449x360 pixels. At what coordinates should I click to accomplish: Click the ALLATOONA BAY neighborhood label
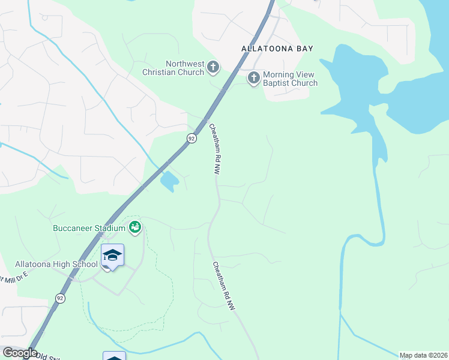pyautogui.click(x=277, y=48)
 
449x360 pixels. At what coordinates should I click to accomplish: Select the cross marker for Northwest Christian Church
pyautogui.click(x=213, y=68)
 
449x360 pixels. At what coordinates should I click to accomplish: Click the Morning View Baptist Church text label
pyautogui.click(x=291, y=79)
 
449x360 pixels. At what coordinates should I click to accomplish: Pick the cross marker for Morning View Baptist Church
pyautogui.click(x=253, y=78)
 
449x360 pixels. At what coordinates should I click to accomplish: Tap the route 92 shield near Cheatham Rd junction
pyautogui.click(x=191, y=138)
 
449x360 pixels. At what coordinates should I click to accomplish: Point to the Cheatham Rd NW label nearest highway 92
pyautogui.click(x=214, y=149)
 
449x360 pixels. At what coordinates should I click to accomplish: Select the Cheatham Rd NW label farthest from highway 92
pyautogui.click(x=223, y=286)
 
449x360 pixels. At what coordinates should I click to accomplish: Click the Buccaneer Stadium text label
pyautogui.click(x=88, y=228)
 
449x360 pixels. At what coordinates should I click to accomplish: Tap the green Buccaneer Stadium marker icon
pyautogui.click(x=135, y=227)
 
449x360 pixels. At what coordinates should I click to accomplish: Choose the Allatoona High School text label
pyautogui.click(x=56, y=264)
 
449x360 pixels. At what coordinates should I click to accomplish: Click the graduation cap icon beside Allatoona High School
pyautogui.click(x=112, y=256)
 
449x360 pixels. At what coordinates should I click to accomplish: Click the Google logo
pyautogui.click(x=19, y=353)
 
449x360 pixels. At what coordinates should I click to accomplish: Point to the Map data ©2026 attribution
pyautogui.click(x=423, y=355)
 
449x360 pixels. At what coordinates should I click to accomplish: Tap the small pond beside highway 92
pyautogui.click(x=170, y=179)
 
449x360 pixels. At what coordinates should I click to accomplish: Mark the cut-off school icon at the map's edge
pyautogui.click(x=114, y=356)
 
